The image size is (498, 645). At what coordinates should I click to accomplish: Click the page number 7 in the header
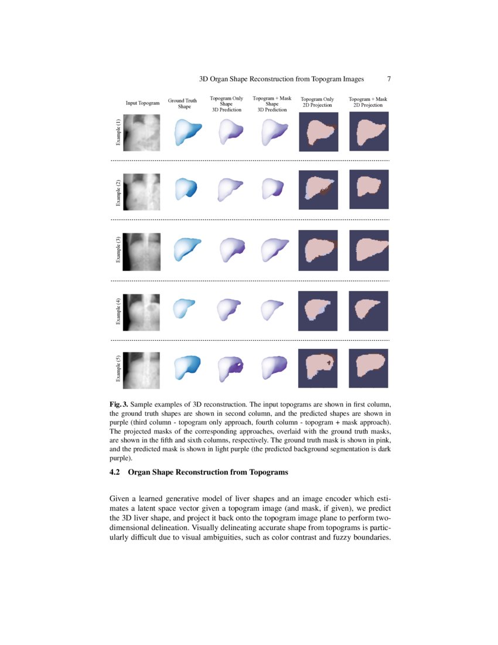coord(389,79)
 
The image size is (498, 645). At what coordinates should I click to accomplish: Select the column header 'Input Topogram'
coord(142,103)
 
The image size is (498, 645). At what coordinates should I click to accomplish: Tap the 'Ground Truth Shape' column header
coord(182,104)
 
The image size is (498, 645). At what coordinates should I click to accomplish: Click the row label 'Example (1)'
coord(118,132)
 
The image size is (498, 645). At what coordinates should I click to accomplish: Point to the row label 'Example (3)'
coord(118,249)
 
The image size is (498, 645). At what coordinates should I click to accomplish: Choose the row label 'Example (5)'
coord(118,369)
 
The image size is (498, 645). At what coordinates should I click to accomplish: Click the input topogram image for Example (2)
coord(143,190)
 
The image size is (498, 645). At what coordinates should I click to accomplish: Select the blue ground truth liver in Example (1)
coord(187,133)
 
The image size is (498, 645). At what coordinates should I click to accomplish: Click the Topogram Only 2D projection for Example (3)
coord(318,249)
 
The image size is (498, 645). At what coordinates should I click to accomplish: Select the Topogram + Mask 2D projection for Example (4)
coord(369,309)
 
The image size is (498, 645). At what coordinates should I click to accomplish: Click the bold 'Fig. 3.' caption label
coord(119,405)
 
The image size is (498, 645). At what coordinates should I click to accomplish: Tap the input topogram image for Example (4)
coord(143,309)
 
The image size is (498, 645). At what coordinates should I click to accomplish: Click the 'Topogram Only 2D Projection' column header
coord(317,103)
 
